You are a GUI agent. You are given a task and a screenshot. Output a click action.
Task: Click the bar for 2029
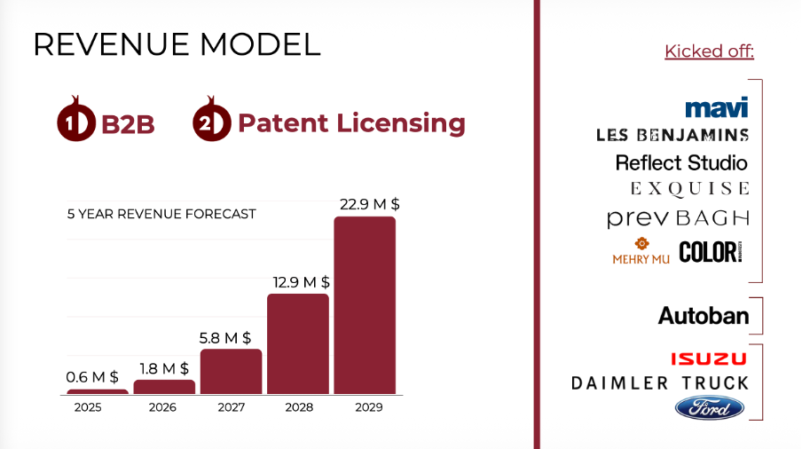364,305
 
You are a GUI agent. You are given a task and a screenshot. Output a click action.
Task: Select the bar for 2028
297,343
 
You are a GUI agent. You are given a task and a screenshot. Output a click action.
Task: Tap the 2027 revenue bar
231,371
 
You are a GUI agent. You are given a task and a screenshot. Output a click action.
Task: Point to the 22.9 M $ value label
369,204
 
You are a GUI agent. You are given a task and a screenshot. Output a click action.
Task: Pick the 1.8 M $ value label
163,367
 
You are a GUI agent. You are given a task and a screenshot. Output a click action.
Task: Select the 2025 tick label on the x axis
88,407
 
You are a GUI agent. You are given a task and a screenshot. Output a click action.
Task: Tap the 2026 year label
162,407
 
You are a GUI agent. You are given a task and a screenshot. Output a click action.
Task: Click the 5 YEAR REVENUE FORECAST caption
161,214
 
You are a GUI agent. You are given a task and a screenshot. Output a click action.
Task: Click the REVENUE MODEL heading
177,44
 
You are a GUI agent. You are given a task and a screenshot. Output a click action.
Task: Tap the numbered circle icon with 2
211,123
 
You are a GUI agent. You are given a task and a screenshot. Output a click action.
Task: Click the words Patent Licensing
351,122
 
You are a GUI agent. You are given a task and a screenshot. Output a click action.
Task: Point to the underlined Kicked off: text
709,51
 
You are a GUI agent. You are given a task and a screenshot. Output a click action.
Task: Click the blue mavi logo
716,107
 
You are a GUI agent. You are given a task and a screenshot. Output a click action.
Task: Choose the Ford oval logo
709,408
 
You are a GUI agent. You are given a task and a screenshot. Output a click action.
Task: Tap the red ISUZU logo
708,358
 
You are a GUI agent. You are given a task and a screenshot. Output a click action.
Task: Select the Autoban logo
703,315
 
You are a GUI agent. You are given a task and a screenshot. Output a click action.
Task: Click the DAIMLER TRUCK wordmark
660,383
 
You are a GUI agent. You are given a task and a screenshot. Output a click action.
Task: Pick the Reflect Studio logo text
681,162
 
